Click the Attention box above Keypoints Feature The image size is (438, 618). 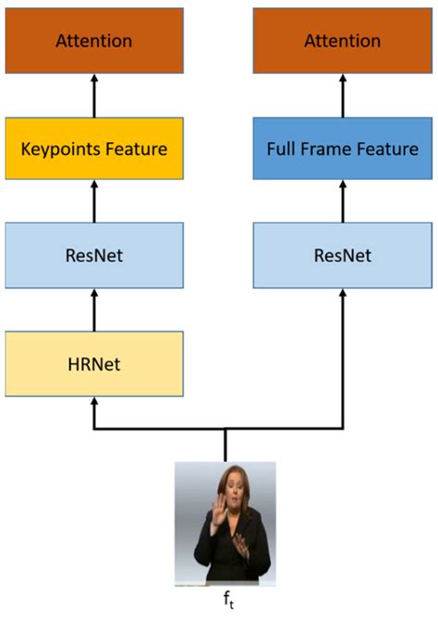tap(93, 41)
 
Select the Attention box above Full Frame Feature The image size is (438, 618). tap(343, 41)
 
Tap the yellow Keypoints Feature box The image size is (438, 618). tap(93, 148)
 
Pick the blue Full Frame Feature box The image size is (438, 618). tap(343, 148)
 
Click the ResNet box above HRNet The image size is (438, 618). tap(93, 255)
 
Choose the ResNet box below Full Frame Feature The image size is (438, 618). tap(343, 255)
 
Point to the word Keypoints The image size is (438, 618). tap(70, 148)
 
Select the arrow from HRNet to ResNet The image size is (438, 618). tap(93, 309)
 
